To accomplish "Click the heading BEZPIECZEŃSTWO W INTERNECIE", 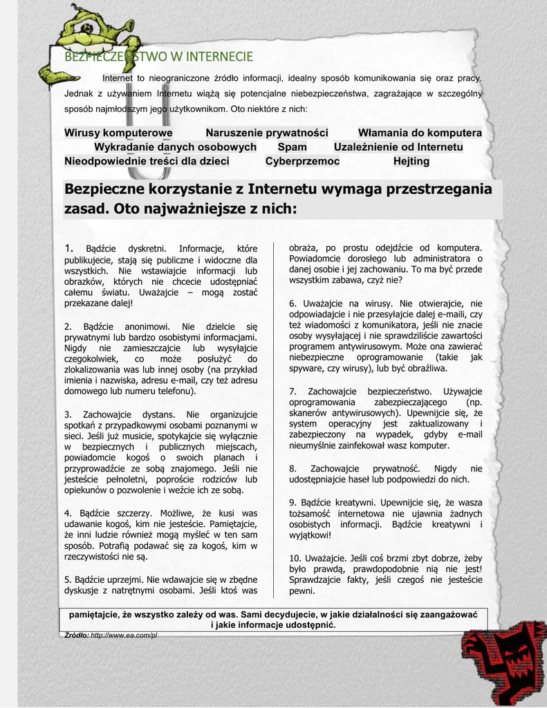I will click(x=158, y=57).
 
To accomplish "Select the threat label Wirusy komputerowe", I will click(x=118, y=133).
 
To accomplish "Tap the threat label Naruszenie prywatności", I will click(x=267, y=133).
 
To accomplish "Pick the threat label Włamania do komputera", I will click(x=420, y=133).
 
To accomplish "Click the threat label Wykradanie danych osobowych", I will click(x=175, y=147).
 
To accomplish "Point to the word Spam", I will click(x=292, y=147).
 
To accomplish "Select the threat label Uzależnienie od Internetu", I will click(x=398, y=147).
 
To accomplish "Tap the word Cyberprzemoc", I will click(x=302, y=161).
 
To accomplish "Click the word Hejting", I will click(x=411, y=161).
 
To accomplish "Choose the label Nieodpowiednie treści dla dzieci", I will click(x=147, y=161).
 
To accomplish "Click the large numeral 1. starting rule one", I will click(x=68, y=248).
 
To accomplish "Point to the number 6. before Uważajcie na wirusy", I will click(x=293, y=304).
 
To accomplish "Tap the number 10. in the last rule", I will click(x=295, y=557).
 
